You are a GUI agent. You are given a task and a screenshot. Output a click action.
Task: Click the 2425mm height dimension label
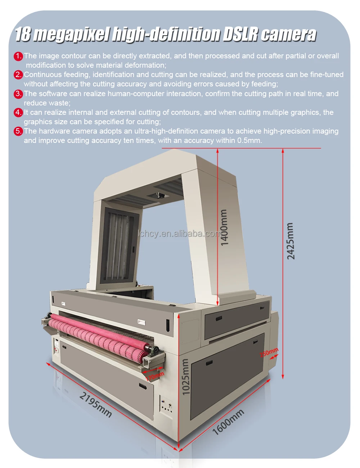[291, 241]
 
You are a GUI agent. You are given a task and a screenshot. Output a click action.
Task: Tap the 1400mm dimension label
[224, 228]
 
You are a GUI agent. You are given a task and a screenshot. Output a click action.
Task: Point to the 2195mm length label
[96, 405]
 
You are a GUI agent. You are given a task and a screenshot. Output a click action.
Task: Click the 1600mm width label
[229, 422]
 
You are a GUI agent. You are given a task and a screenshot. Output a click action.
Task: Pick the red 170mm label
[154, 376]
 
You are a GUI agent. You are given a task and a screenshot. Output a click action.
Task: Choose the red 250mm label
[269, 352]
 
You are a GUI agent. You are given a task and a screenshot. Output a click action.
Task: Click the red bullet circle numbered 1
[18, 56]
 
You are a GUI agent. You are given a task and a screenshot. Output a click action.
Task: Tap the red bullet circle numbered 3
[18, 94]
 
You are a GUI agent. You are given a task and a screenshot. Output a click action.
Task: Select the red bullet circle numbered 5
[18, 131]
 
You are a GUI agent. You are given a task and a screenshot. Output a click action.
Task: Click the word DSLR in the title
[240, 34]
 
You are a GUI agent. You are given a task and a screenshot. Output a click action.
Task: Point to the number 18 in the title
[23, 34]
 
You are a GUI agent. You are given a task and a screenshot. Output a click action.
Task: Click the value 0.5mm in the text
[249, 140]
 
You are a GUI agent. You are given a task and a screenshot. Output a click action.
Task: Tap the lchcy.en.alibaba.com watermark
[180, 234]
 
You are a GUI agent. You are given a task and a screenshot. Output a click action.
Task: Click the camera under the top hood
[160, 195]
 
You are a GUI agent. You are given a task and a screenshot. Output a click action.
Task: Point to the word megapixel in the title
[72, 35]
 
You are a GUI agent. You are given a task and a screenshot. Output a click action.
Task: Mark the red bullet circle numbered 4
[18, 112]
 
